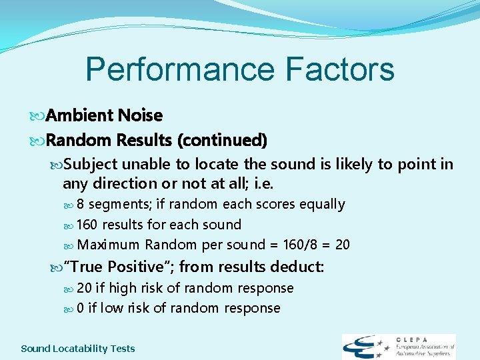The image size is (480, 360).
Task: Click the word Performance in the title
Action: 179,69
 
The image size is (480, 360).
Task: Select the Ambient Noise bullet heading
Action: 105,115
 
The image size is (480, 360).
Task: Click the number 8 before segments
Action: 80,204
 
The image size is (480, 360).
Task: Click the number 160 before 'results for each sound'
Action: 87,225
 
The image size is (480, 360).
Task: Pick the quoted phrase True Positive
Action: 117,267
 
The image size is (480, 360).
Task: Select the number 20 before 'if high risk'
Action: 85,288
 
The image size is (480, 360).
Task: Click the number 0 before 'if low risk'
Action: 80,308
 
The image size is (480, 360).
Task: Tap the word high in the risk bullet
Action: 123,288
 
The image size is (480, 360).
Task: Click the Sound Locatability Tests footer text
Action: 78,348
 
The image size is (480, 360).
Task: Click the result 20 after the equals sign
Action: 342,245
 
